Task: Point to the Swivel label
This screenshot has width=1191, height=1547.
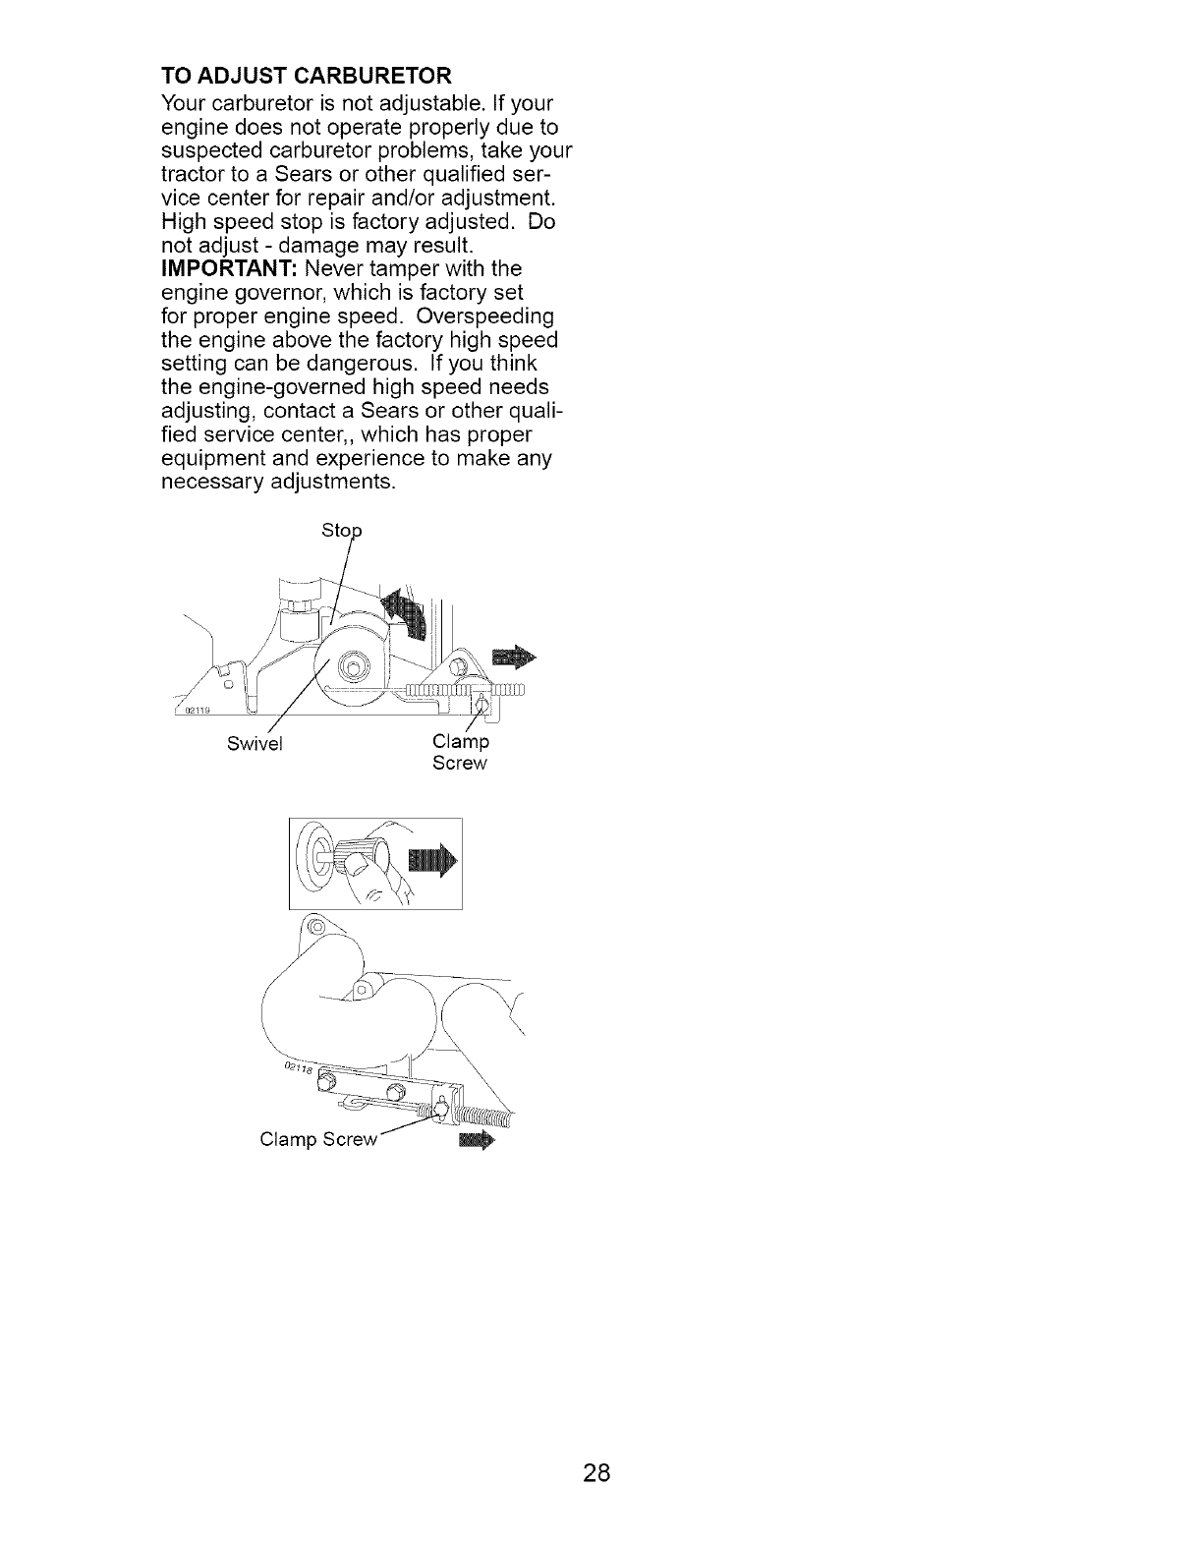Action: coord(255,744)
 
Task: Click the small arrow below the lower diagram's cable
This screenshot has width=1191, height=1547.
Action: coord(476,1141)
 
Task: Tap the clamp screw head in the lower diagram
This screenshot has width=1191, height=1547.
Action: coord(439,1110)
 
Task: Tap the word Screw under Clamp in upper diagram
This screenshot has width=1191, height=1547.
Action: coord(459,764)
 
